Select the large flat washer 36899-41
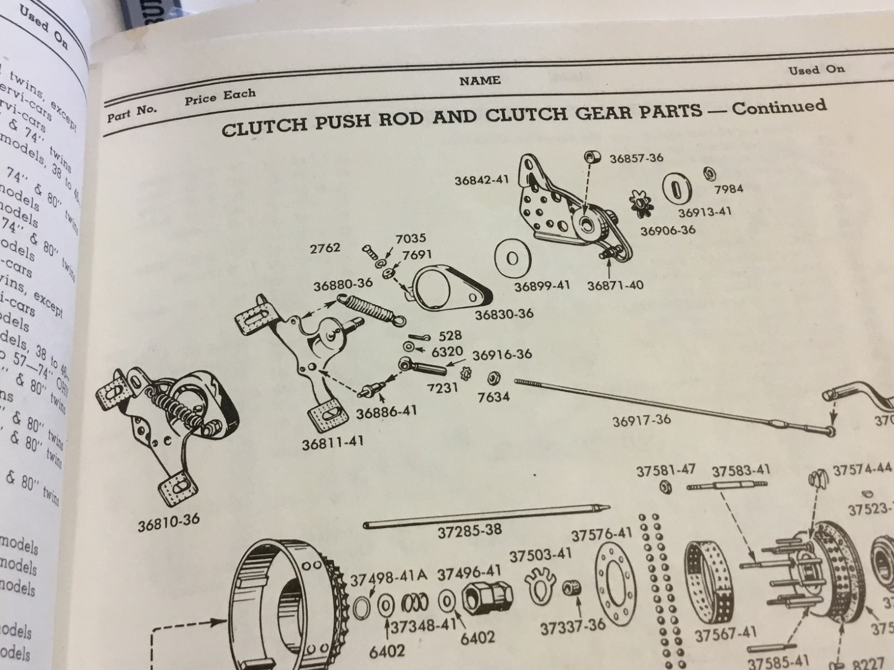tap(512, 259)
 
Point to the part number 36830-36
tap(504, 313)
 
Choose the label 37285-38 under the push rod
tap(469, 529)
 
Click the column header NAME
tap(479, 80)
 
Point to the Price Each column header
tap(220, 96)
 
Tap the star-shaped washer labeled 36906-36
tap(641, 203)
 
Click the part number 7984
tap(729, 189)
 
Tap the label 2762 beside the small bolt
tap(325, 247)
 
